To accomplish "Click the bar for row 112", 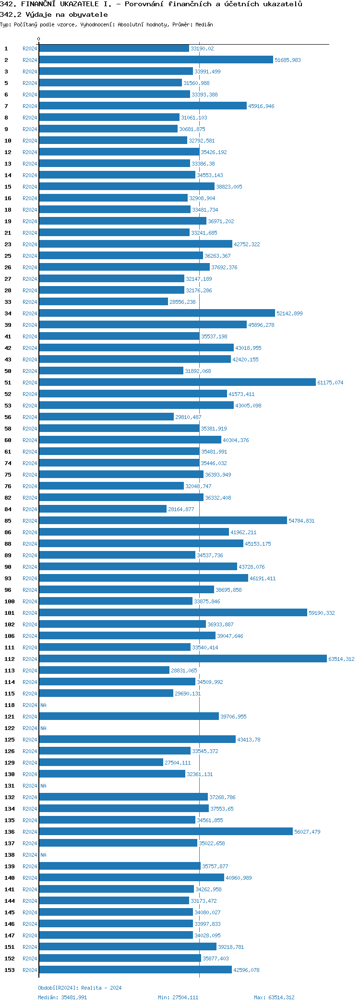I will pyautogui.click(x=182, y=659).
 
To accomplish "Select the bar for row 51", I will pyautogui.click(x=177, y=383).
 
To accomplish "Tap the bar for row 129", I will pyautogui.click(x=101, y=763).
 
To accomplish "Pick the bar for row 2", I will pyautogui.click(x=156, y=60).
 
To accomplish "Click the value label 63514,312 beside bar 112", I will pyautogui.click(x=341, y=659).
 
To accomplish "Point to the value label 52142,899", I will pyautogui.click(x=289, y=313).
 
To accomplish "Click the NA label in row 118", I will pyautogui.click(x=44, y=705).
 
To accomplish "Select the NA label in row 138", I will pyautogui.click(x=44, y=855).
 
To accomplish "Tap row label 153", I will pyautogui.click(x=10, y=970).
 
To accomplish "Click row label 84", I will pyautogui.click(x=8, y=509).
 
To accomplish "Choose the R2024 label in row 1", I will pyautogui.click(x=30, y=48).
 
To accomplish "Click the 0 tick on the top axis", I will pyautogui.click(x=39, y=39).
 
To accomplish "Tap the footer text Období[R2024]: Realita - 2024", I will pyautogui.click(x=80, y=988).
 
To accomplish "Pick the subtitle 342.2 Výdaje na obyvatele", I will pyautogui.click(x=54, y=14).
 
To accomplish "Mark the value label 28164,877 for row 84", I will pyautogui.click(x=181, y=509).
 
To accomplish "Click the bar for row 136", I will pyautogui.click(x=166, y=832).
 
